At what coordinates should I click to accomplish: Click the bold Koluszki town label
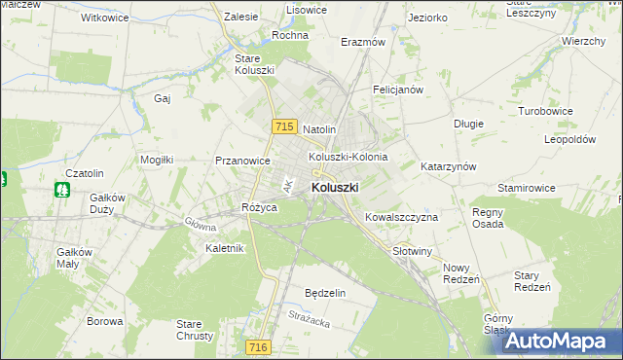[x=335, y=187]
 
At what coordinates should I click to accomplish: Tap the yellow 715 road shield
[x=284, y=127]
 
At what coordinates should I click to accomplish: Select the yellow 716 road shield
[x=257, y=347]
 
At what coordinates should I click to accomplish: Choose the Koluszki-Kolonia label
[x=348, y=157]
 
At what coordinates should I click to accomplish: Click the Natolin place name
[x=319, y=129]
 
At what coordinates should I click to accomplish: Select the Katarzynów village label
[x=448, y=166]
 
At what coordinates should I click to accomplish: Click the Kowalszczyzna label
[x=400, y=217]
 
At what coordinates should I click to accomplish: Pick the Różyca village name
[x=260, y=208]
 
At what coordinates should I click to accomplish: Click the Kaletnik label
[x=224, y=248]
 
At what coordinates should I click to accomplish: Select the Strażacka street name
[x=311, y=315]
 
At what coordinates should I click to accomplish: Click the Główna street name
[x=201, y=223]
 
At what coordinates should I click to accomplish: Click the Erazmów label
[x=363, y=43]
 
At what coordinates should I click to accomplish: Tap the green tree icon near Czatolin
[x=64, y=189]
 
